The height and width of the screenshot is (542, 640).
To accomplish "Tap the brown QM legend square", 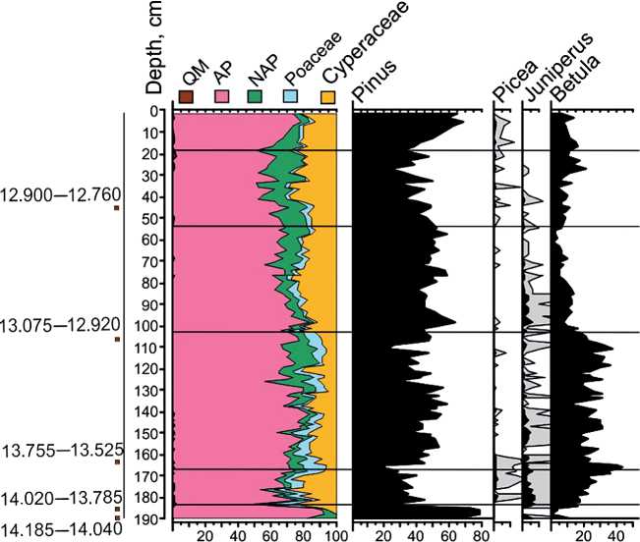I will click(186, 96).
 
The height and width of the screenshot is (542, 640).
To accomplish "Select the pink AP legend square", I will click(220, 96).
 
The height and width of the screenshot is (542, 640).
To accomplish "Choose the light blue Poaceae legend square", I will click(292, 96).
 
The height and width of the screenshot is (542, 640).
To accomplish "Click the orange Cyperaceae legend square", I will click(329, 96).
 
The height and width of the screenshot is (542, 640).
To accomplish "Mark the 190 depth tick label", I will click(151, 518).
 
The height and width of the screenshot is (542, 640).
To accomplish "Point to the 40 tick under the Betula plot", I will click(614, 535).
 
